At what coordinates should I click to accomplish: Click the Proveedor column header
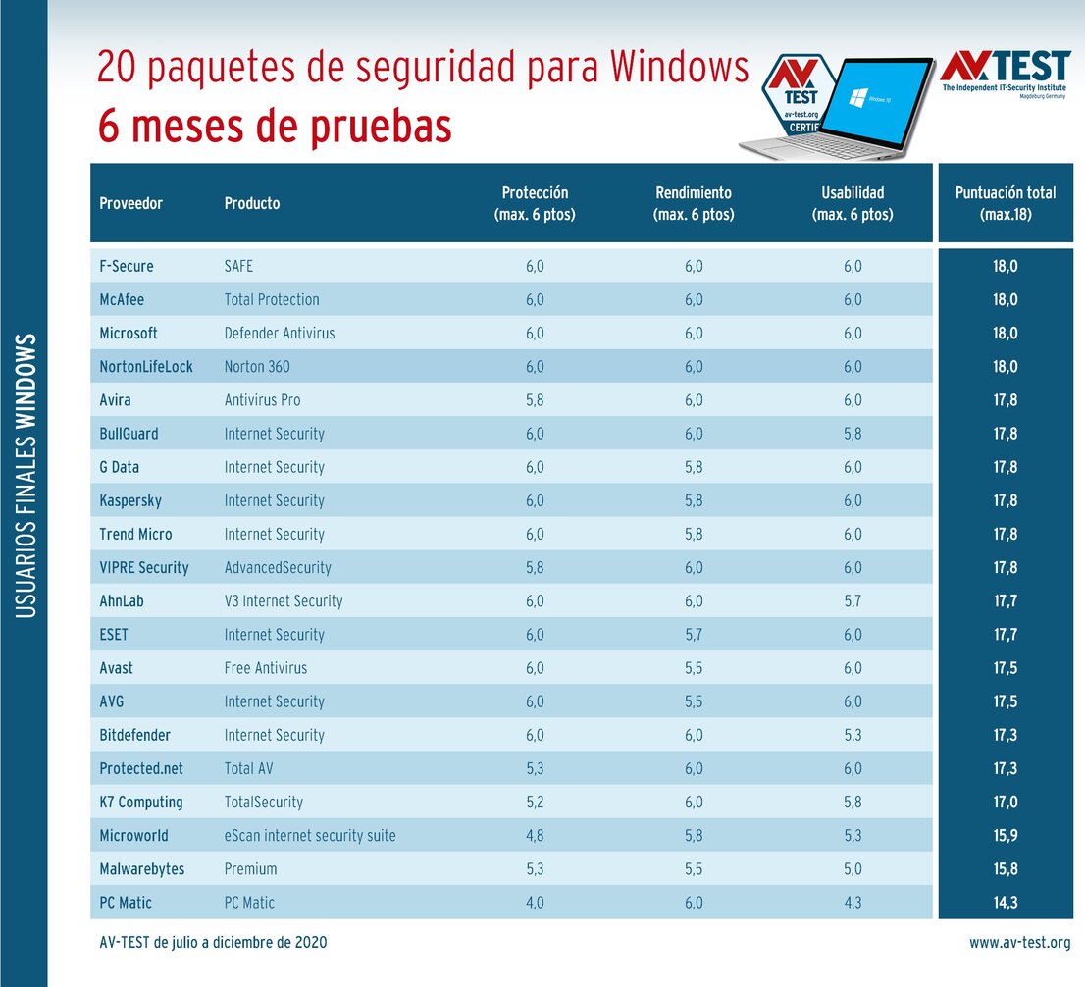pyautogui.click(x=130, y=203)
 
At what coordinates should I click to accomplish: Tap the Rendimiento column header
pyautogui.click(x=693, y=203)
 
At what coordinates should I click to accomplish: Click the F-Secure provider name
pyautogui.click(x=127, y=266)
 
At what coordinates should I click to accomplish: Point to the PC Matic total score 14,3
pyautogui.click(x=1006, y=903)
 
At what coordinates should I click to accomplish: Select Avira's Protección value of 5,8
pyautogui.click(x=535, y=400)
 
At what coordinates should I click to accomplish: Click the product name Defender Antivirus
pyautogui.click(x=280, y=334)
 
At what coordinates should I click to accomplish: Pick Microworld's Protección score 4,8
pyautogui.click(x=535, y=836)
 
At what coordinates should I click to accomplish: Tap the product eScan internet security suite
pyautogui.click(x=310, y=836)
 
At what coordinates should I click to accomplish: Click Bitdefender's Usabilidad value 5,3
pyautogui.click(x=852, y=735)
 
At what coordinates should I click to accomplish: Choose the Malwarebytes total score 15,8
pyautogui.click(x=1006, y=869)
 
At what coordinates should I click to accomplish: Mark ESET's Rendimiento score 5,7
pyautogui.click(x=693, y=635)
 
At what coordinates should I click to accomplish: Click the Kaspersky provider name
pyautogui.click(x=130, y=500)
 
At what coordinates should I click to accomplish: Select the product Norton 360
pyautogui.click(x=257, y=367)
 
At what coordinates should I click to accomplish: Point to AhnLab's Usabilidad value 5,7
pyautogui.click(x=852, y=601)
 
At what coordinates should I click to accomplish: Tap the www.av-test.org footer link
pyautogui.click(x=1019, y=943)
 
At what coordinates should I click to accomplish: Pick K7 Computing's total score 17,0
pyautogui.click(x=1006, y=803)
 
